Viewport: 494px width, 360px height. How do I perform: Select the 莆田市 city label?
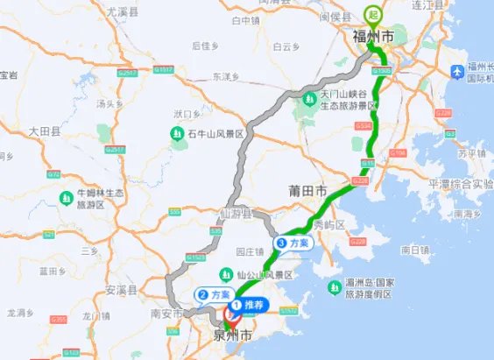click(x=307, y=190)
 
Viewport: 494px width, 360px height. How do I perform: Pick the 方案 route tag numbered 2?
click(x=214, y=295)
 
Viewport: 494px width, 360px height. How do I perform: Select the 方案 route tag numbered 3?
click(x=293, y=243)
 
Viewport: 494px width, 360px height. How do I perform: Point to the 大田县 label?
click(x=45, y=131)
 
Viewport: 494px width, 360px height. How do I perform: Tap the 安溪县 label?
click(x=122, y=288)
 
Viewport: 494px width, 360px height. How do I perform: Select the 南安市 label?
click(x=166, y=312)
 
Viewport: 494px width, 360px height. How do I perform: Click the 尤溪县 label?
click(x=121, y=11)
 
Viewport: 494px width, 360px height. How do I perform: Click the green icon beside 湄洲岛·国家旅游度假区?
click(x=334, y=286)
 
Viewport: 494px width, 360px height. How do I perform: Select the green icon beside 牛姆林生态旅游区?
click(x=66, y=198)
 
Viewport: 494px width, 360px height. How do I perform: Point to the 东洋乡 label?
click(x=226, y=76)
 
